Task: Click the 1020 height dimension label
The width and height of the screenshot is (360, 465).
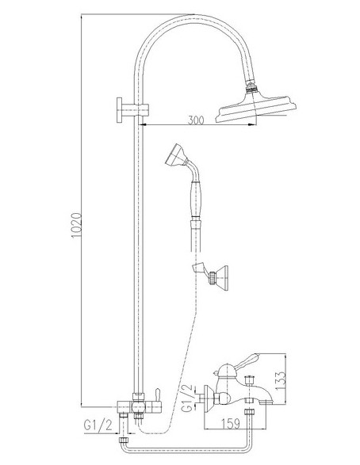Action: tap(77, 225)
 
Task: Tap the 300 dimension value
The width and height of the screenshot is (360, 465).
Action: tap(196, 120)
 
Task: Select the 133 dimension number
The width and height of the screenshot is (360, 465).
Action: tap(281, 380)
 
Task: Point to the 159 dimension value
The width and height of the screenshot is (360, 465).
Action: tap(231, 424)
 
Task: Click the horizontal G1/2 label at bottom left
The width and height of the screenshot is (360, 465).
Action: tap(98, 425)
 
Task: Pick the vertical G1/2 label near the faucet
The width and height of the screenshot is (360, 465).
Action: tap(187, 398)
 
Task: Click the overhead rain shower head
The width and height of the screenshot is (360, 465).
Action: tap(255, 108)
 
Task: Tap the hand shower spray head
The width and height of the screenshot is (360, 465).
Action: tap(175, 154)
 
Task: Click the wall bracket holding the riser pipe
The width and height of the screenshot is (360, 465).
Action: tap(132, 110)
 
